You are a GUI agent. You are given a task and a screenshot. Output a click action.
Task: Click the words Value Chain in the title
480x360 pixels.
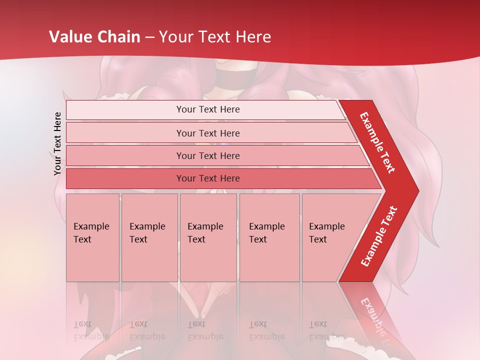[x=94, y=37]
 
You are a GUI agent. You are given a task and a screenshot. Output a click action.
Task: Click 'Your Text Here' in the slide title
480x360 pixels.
[x=215, y=37]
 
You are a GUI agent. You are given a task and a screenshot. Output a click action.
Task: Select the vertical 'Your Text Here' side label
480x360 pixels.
[x=58, y=143]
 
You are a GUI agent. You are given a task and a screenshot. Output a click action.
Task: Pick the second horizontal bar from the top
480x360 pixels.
[x=208, y=133]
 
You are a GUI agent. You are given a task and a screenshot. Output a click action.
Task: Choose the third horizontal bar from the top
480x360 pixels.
[x=208, y=155]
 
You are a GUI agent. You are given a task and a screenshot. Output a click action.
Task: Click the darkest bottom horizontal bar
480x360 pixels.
[x=208, y=178]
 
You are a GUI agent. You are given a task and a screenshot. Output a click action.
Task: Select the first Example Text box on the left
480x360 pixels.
[x=92, y=237]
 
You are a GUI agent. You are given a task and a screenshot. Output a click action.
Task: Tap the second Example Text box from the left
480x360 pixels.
[x=149, y=237]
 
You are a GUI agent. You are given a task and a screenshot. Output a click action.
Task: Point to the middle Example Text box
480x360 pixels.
[x=208, y=237]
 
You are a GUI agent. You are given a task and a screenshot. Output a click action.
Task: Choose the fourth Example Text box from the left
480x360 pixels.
[x=269, y=237]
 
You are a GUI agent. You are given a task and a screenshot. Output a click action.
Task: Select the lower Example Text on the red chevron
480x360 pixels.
[x=379, y=236]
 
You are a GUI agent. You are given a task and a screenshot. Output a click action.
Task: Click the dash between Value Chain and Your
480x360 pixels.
[x=149, y=37]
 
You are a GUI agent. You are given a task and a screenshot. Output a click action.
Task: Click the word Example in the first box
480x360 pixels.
[x=91, y=226]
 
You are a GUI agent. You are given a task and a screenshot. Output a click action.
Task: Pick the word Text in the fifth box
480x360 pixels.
[x=318, y=239]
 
